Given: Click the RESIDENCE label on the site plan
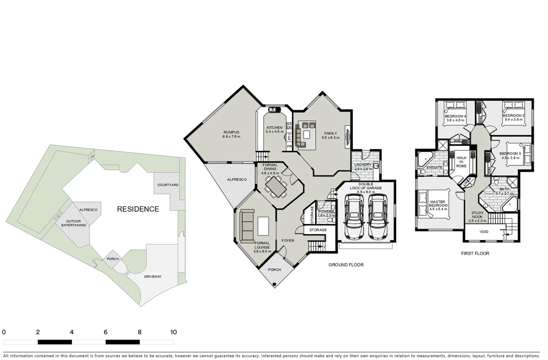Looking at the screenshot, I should (x=138, y=209).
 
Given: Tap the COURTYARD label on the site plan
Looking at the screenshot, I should (x=168, y=185).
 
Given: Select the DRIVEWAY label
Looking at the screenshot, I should (x=153, y=277).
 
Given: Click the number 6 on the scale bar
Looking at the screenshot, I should (x=105, y=332).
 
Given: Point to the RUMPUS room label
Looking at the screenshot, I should (x=231, y=132).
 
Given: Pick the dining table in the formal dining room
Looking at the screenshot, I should (x=276, y=187).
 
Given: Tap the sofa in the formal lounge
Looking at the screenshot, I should (x=246, y=225).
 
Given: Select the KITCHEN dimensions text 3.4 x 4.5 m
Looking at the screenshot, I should (x=275, y=132).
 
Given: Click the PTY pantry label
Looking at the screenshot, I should (x=289, y=137).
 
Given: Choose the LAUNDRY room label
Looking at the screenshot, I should (x=363, y=165).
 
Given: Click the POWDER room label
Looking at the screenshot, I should (x=326, y=211).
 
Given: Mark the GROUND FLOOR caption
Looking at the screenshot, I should (x=346, y=265).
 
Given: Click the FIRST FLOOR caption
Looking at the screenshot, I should (x=475, y=253).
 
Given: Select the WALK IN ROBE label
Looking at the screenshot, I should (x=461, y=162).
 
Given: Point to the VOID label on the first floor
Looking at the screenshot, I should (x=484, y=232).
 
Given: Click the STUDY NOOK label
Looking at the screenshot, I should (x=477, y=215).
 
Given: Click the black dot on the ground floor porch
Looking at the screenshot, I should (x=274, y=284).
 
